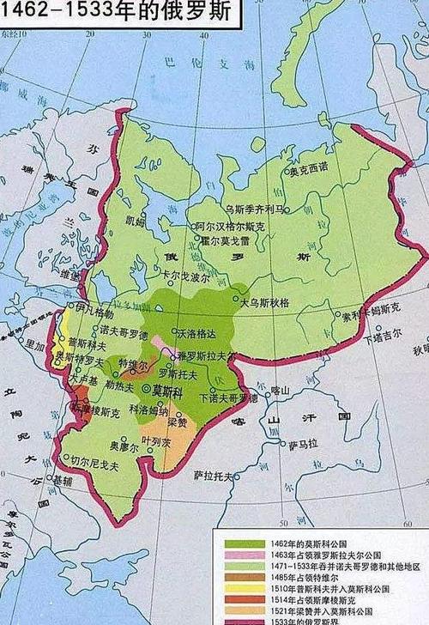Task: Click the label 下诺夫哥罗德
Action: click(x=227, y=398)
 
